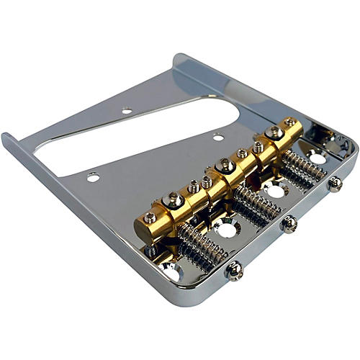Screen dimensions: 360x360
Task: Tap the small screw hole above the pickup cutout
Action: [x=127, y=111]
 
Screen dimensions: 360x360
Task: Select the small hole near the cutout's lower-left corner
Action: [x=92, y=176]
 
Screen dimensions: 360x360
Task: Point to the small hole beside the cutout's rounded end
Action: [x=217, y=136]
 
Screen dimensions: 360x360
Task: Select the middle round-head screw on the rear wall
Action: [x=289, y=224]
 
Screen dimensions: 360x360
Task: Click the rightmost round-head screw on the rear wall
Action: [x=335, y=184]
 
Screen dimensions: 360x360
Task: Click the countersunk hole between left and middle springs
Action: [x=226, y=230]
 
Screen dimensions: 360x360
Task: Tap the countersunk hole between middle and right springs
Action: [x=274, y=190]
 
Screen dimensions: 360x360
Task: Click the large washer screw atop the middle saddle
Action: [x=225, y=165]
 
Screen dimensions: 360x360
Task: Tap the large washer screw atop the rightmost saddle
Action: [x=274, y=132]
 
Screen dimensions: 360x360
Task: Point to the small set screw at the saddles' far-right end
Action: [x=290, y=123]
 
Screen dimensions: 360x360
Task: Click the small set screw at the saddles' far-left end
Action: [x=149, y=217]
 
